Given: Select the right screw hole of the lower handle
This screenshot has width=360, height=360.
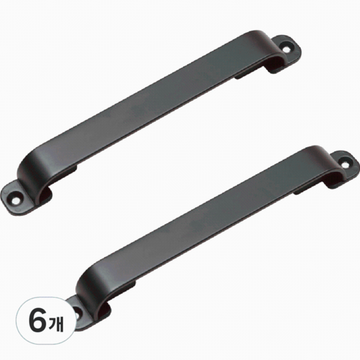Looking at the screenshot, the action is (x=345, y=164).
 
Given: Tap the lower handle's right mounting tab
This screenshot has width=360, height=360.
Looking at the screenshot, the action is (x=343, y=168).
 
